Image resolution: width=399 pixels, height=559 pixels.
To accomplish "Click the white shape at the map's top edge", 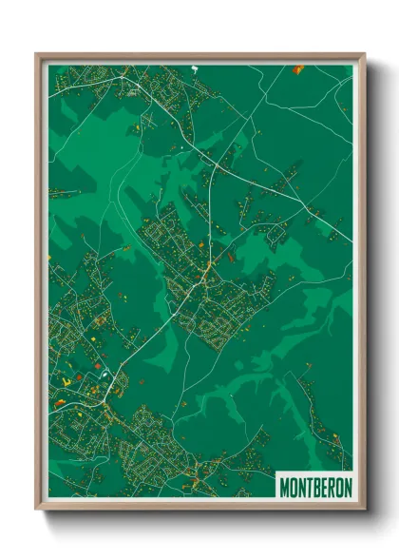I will click(194, 67).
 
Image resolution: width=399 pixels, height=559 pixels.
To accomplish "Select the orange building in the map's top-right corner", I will click(298, 68).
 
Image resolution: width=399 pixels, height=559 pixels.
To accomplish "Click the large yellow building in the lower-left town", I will click(66, 382).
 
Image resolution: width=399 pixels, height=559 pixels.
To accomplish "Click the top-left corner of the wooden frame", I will click(37, 54).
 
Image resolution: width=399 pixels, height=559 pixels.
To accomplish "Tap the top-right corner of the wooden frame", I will click(364, 54).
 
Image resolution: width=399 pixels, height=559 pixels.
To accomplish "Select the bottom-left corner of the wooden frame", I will click(37, 510).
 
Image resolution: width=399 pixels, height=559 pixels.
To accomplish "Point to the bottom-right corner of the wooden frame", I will click(364, 510).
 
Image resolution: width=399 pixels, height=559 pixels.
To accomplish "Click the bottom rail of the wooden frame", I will click(200, 506).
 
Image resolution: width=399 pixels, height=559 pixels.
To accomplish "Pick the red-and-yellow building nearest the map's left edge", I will click(61, 402).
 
